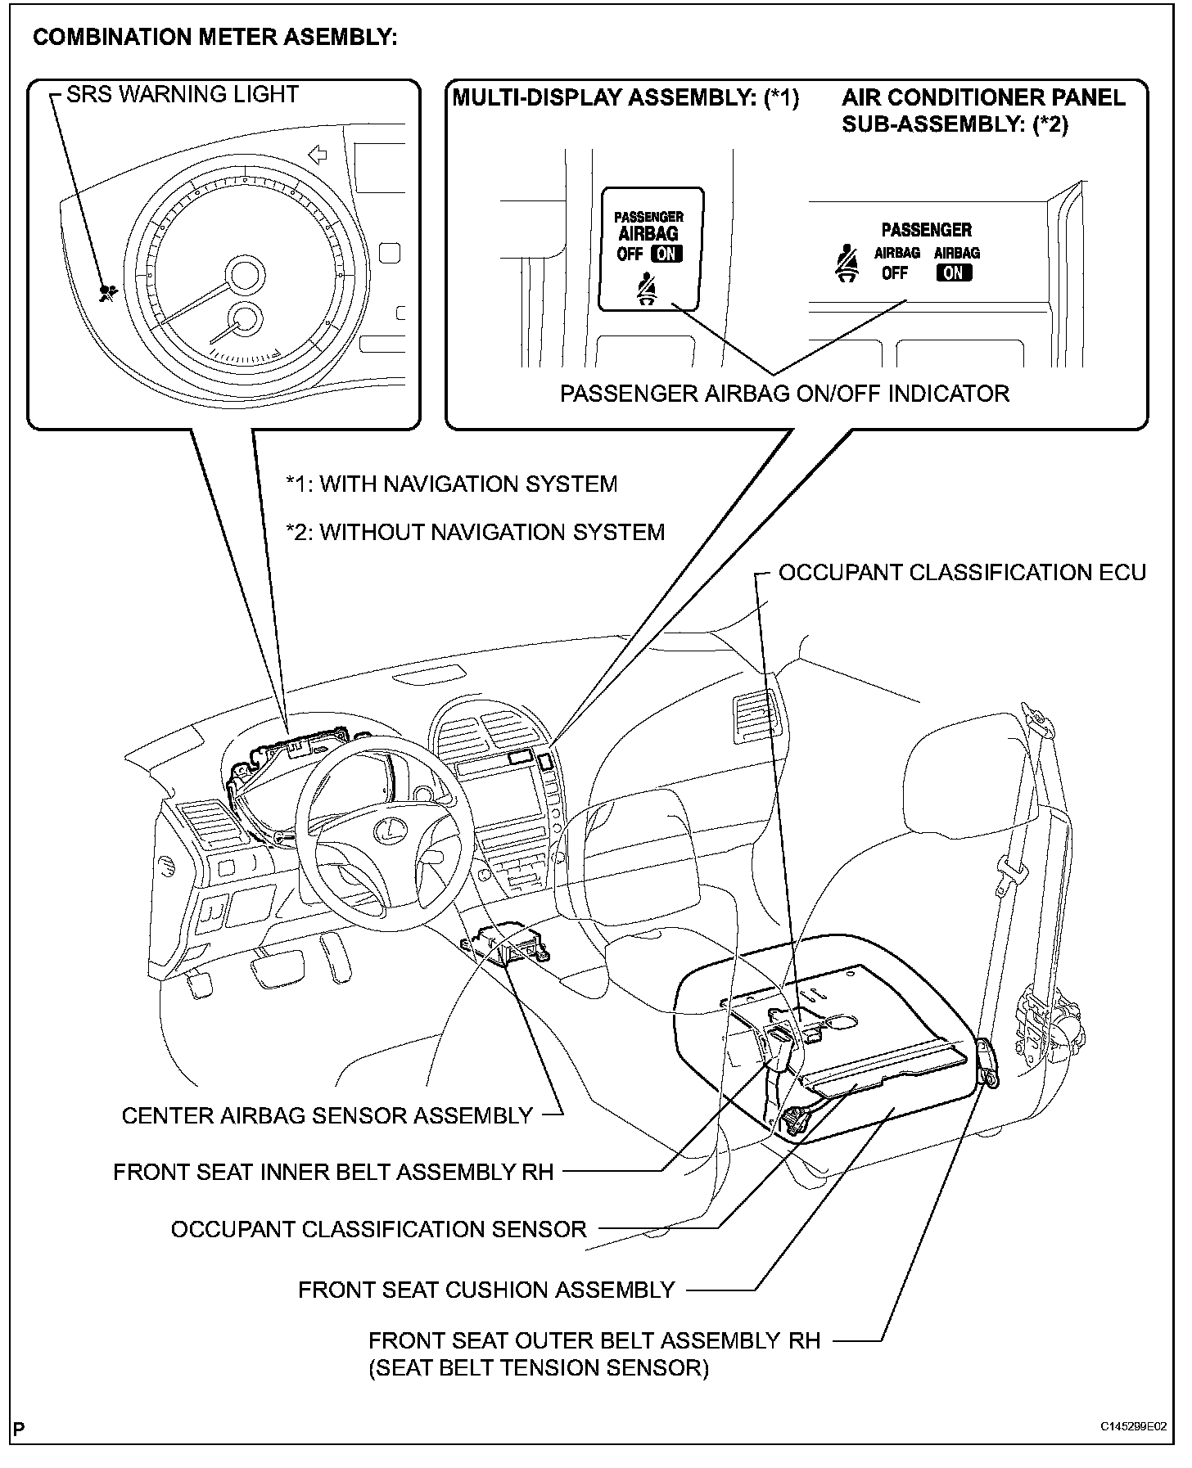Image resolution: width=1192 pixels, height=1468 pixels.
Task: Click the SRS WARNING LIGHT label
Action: pos(182,95)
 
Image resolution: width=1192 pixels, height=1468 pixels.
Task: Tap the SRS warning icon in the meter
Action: pos(106,293)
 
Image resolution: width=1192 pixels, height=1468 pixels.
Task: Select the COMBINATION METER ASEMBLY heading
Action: pos(214,38)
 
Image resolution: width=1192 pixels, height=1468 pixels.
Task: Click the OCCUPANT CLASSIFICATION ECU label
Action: pos(962,573)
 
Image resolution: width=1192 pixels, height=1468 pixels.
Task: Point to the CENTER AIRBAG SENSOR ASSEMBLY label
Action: pos(327,1115)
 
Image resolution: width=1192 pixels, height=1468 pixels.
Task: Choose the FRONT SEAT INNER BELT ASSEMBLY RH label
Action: pos(333,1172)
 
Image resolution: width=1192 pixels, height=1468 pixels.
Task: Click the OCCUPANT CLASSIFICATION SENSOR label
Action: pos(378,1229)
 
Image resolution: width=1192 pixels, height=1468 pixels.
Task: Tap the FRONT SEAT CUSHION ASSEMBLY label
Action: pos(486,1290)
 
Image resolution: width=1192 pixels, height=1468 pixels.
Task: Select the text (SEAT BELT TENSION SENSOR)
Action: pos(538,1367)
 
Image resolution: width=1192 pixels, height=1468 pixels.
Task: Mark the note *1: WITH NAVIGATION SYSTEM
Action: pos(451,484)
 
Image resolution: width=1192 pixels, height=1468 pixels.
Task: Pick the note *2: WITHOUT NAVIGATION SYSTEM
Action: pos(475,533)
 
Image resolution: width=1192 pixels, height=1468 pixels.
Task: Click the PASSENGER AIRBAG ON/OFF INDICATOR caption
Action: pos(784,394)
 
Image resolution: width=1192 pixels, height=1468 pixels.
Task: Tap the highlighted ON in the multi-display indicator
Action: pos(668,254)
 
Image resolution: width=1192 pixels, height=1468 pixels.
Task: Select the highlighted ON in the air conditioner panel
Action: pos(954,273)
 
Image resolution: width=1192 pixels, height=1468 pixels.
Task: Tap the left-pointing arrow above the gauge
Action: pos(315,154)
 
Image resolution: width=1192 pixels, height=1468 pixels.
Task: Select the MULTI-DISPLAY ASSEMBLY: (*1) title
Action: pos(625,98)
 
